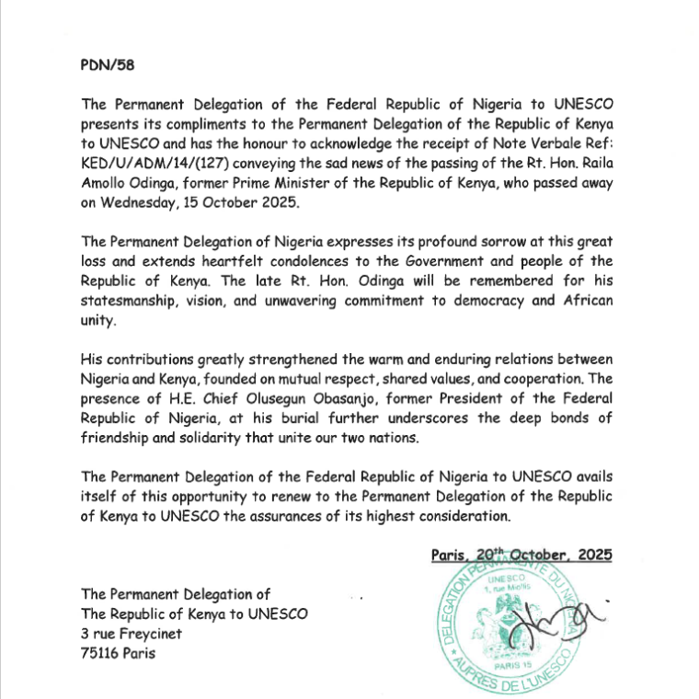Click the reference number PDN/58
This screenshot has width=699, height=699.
coord(108,66)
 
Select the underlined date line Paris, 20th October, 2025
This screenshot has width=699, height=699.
coord(521,555)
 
